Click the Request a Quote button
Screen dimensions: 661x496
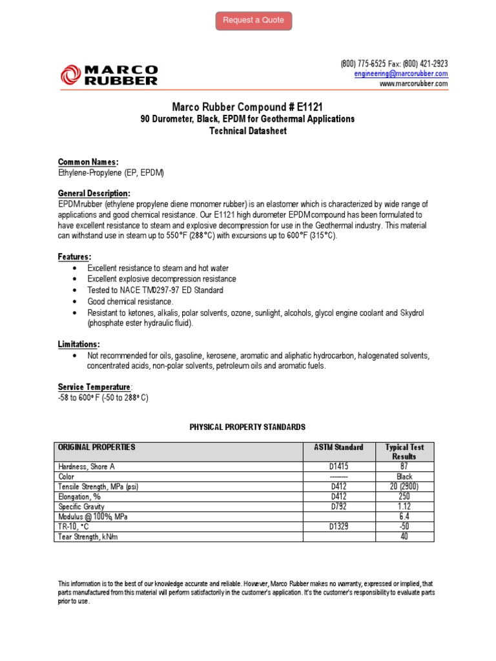(x=253, y=21)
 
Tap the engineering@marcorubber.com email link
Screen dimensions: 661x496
(x=401, y=74)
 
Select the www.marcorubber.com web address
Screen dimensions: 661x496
(x=413, y=84)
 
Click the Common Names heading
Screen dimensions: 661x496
(x=88, y=162)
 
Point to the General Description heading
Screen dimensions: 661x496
(x=94, y=193)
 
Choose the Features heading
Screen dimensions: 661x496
(x=74, y=256)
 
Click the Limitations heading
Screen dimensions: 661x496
(x=79, y=345)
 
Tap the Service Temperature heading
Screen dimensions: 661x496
(x=95, y=387)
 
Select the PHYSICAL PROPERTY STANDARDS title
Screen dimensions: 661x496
(x=247, y=427)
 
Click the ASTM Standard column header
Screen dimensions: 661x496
(x=338, y=447)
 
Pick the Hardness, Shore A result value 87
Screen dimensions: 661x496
(x=404, y=466)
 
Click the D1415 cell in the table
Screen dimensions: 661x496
(x=339, y=466)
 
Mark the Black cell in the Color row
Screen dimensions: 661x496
(x=404, y=476)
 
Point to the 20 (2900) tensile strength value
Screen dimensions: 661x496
(x=404, y=487)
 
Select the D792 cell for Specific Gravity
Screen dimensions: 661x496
(x=339, y=507)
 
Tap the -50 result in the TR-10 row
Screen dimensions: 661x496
(x=404, y=527)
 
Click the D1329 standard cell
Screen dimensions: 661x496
(x=339, y=527)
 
